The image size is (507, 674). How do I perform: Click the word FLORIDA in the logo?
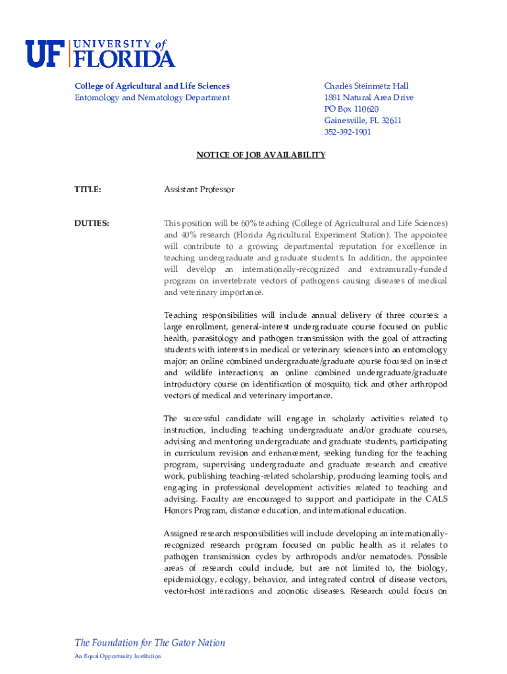[123, 59]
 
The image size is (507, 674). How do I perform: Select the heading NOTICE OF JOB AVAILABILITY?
[261, 155]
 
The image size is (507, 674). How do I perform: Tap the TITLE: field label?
[88, 190]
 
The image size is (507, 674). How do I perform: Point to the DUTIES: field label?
[92, 224]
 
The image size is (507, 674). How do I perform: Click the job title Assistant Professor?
[199, 190]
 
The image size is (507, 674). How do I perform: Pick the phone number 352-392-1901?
[347, 132]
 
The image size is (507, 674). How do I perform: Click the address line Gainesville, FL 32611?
[362, 120]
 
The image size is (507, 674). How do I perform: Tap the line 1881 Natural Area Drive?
[369, 98]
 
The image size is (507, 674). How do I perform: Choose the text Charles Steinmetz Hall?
[366, 86]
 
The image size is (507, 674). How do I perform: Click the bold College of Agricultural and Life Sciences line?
[152, 86]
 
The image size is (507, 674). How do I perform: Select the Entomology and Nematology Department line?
[152, 98]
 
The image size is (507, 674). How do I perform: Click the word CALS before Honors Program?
[436, 500]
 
